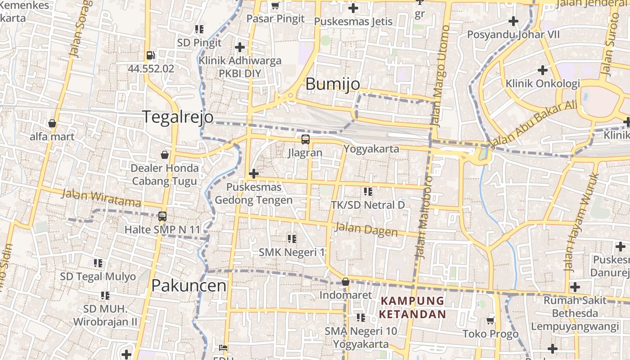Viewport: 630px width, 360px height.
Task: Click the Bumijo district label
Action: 333,84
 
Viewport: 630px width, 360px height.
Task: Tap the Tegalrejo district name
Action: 178,117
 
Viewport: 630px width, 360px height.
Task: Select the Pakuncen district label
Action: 189,285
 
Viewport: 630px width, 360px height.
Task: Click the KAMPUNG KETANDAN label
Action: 412,307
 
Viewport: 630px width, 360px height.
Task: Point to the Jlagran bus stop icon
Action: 306,139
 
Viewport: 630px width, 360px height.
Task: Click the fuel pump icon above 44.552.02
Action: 150,56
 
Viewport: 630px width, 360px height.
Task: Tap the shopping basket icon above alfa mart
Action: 52,123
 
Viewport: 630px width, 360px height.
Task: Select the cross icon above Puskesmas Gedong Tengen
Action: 254,174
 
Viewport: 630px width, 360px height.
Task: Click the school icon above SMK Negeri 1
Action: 292,238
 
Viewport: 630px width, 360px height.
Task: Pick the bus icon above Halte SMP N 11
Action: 162,216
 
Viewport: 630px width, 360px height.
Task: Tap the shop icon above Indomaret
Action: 345,282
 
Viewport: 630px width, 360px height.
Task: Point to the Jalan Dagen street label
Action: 366,230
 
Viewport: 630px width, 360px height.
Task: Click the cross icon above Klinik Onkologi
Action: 543,70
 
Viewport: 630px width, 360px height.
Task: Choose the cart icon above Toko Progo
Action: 490,320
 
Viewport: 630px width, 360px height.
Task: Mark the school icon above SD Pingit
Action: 199,30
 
